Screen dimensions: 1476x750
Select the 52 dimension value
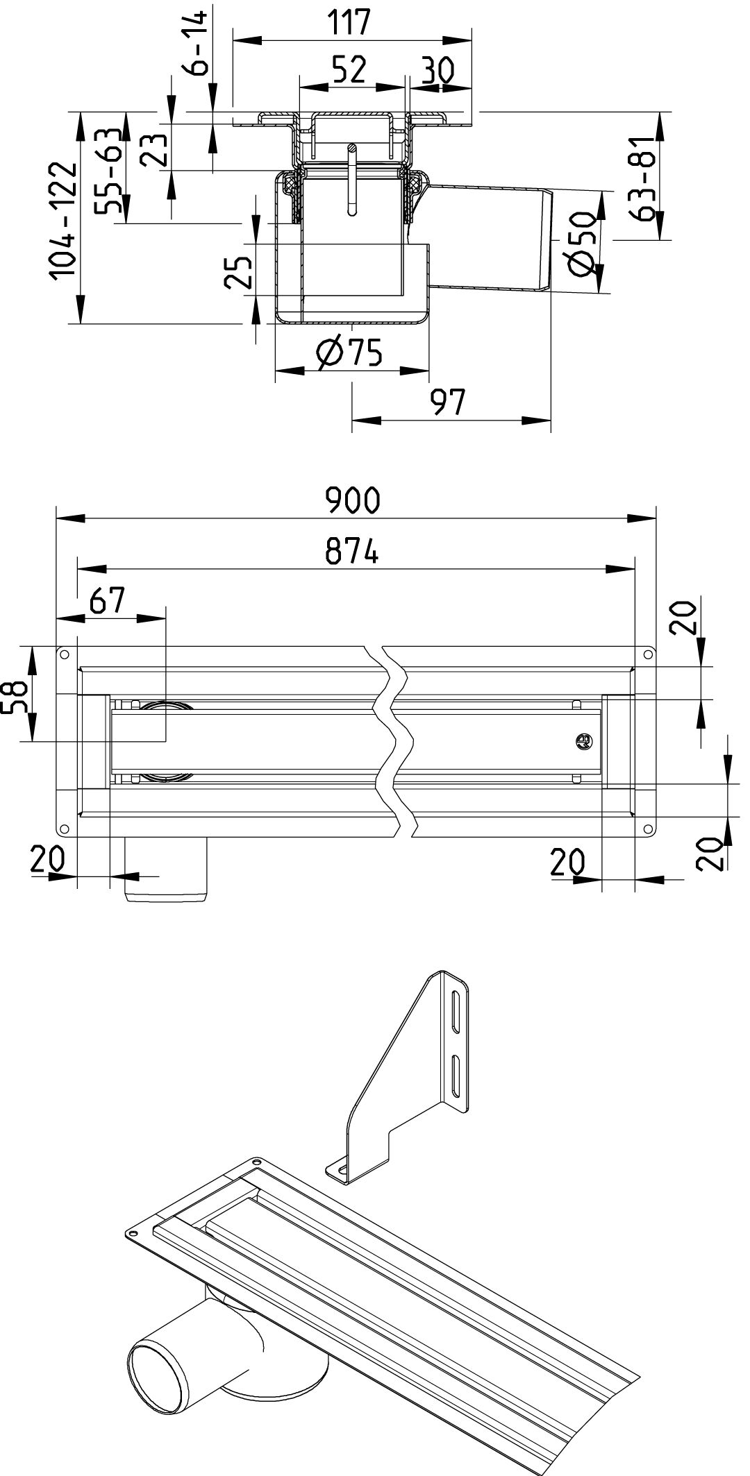[x=349, y=70]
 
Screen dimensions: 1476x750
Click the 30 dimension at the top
[x=437, y=71]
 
